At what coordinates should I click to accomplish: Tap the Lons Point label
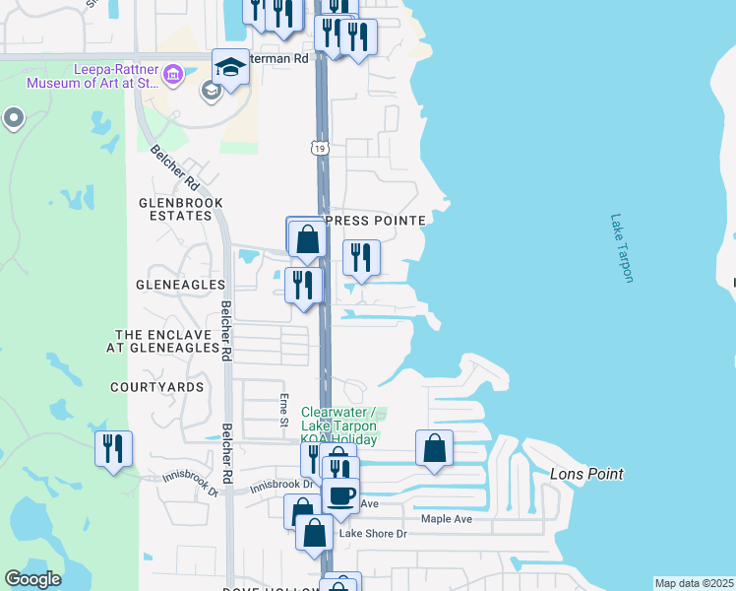click(585, 474)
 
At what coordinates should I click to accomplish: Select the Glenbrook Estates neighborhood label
click(181, 209)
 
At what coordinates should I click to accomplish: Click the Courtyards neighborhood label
click(157, 387)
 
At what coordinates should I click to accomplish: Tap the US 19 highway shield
click(320, 148)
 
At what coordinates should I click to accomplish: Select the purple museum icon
click(173, 74)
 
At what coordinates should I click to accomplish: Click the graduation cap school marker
click(230, 67)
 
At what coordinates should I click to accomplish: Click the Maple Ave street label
click(447, 519)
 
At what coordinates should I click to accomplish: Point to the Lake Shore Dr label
click(373, 534)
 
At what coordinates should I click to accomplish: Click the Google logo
click(32, 579)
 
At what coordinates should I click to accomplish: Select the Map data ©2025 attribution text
click(694, 583)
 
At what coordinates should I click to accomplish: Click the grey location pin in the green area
click(13, 119)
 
